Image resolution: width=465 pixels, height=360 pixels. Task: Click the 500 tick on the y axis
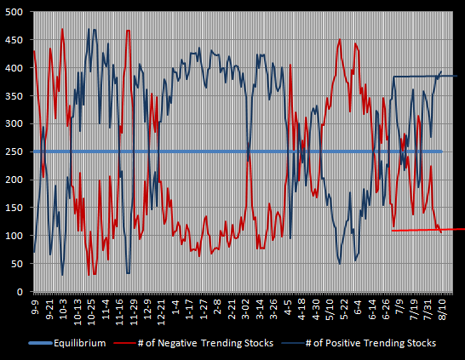coord(14,12)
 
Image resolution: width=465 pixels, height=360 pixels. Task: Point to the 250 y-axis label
coord(14,151)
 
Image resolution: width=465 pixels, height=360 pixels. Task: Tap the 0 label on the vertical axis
coord(20,292)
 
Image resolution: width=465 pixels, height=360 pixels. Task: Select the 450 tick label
coord(14,40)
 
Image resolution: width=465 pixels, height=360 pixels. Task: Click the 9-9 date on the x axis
coord(35,307)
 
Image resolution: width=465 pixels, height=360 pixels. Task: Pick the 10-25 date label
coord(91,312)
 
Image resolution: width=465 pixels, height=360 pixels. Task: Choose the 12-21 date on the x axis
coord(162,312)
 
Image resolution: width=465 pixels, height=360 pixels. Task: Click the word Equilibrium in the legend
coord(80,343)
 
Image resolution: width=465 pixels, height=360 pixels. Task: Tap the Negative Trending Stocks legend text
coord(205,343)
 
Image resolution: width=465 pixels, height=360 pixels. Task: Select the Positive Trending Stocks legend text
coord(370,343)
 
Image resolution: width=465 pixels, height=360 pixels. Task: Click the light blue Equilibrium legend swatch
coord(41,344)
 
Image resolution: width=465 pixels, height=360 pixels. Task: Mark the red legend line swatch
coord(125,344)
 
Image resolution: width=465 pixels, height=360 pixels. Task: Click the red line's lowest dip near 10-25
coord(89,276)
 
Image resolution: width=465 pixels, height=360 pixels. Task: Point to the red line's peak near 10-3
coord(62,29)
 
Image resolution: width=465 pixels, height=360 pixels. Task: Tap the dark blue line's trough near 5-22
coord(340,264)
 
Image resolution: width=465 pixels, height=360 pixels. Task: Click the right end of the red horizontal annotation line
coord(464,229)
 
